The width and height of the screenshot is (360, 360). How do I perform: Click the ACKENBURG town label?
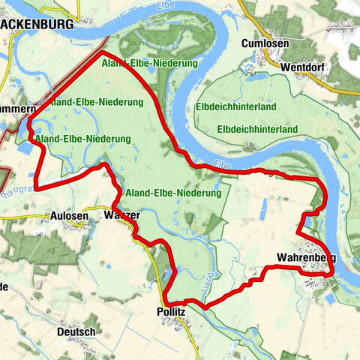(x=37, y=24)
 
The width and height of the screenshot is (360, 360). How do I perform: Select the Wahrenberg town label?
(x=306, y=259)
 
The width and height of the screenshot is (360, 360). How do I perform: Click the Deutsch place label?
(x=76, y=331)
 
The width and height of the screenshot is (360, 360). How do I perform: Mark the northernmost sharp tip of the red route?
(x=101, y=54)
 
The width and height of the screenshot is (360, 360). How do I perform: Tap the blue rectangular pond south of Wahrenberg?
(x=331, y=298)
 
